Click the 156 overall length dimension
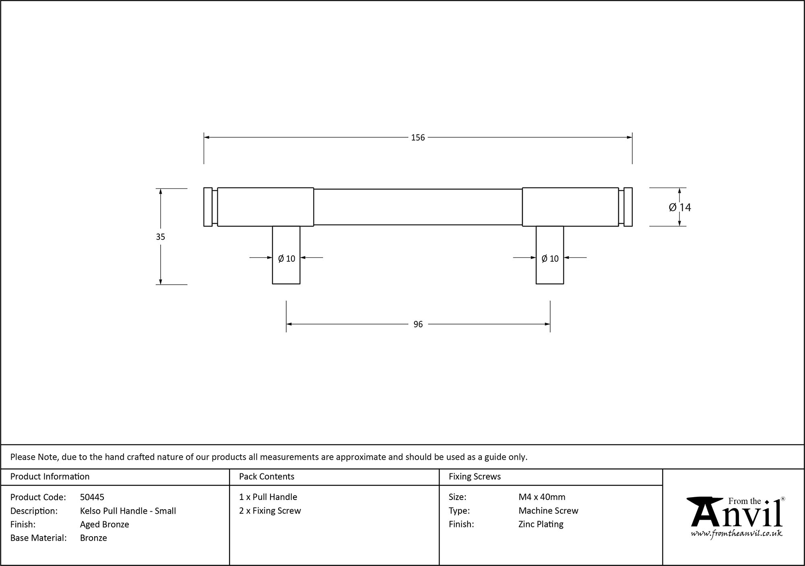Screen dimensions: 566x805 418,138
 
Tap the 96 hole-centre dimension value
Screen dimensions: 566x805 418,324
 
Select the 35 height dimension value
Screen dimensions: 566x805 161,237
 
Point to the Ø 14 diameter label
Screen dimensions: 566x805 680,207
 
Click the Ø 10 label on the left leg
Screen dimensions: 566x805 287,259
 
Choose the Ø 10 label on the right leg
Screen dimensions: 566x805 550,259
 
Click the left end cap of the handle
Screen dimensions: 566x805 208,207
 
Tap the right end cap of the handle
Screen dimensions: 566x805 628,207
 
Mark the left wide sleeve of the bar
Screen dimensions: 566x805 265,207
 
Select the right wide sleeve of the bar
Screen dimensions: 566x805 570,207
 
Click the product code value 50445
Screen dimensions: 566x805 92,497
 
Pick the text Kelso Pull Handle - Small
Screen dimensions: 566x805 128,511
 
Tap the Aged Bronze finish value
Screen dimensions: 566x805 105,524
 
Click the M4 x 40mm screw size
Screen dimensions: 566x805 542,497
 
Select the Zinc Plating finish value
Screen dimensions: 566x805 541,524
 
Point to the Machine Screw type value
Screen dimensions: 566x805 548,511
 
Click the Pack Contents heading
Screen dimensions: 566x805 266,477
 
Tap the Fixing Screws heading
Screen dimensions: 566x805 475,477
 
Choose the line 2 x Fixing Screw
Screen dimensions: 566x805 270,511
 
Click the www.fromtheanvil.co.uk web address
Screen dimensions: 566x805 737,534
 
